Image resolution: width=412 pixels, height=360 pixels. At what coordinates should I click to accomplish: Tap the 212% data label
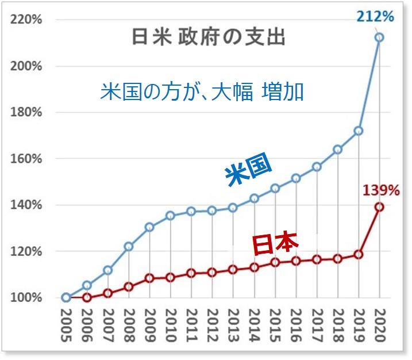(x=375, y=16)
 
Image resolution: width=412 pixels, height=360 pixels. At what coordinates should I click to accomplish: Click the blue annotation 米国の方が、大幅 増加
(x=202, y=92)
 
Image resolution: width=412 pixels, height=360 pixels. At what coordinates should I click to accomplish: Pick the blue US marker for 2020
(x=379, y=37)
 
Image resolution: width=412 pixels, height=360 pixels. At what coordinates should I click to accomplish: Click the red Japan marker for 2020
(x=379, y=207)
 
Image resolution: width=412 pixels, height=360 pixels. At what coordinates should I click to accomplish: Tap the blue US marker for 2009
(x=149, y=227)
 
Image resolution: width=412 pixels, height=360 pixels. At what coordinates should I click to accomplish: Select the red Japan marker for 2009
(x=149, y=278)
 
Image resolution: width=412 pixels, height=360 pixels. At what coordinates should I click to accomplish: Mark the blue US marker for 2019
(x=359, y=131)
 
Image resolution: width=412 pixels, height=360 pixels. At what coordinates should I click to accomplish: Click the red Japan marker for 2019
(x=359, y=254)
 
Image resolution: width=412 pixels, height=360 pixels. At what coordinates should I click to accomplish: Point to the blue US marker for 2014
(x=254, y=198)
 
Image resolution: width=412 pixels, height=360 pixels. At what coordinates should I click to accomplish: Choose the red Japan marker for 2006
(x=87, y=297)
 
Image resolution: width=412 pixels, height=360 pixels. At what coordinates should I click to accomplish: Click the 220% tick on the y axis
(x=26, y=20)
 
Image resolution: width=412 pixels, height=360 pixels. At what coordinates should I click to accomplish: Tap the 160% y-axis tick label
(x=26, y=159)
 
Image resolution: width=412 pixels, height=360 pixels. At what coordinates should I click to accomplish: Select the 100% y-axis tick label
(x=26, y=298)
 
